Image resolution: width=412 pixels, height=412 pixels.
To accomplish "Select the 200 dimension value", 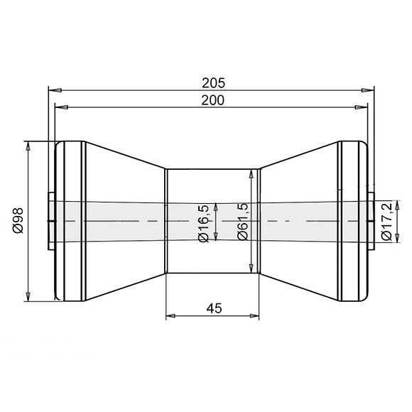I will [212, 100].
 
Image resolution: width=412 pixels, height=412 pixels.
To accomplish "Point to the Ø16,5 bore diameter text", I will [204, 222].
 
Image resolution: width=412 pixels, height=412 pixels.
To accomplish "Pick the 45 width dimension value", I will [212, 308].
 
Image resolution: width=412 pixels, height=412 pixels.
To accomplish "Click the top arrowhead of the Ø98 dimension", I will [28, 145].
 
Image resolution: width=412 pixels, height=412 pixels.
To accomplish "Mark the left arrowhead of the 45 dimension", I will [170, 315].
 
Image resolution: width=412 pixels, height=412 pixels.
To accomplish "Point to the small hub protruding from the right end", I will [372, 221].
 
